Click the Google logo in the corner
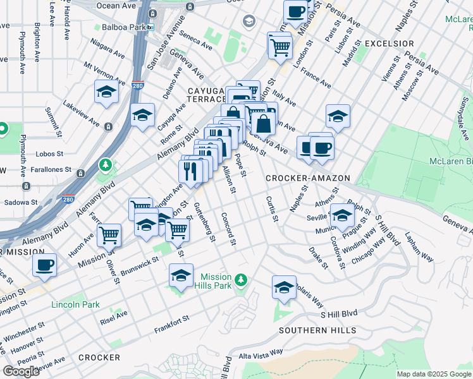(x=21, y=371)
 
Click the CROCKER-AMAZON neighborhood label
(x=307, y=179)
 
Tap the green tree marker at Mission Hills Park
(x=240, y=280)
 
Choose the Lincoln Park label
(x=75, y=305)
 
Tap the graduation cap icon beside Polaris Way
(x=284, y=287)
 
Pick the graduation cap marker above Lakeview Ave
(x=106, y=92)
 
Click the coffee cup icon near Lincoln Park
(x=44, y=265)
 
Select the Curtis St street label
(x=272, y=208)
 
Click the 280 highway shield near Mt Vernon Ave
(x=138, y=85)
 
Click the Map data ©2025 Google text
(x=434, y=374)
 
